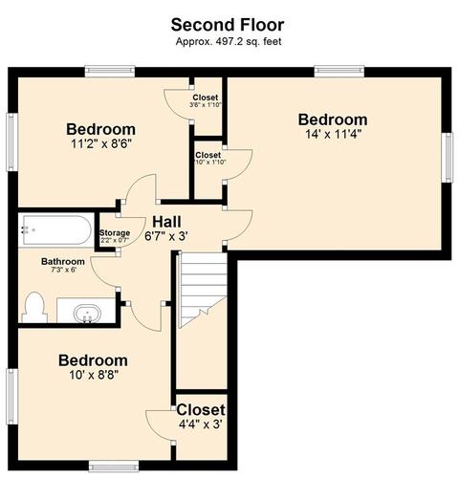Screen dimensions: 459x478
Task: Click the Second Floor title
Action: click(x=228, y=25)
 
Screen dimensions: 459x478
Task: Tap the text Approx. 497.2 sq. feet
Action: click(x=229, y=41)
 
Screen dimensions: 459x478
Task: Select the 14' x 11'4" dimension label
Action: click(x=334, y=134)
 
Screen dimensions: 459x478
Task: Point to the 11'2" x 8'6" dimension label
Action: click(x=101, y=144)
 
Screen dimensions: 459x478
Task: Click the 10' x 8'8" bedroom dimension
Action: click(x=94, y=375)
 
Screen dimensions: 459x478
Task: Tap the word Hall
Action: click(x=166, y=222)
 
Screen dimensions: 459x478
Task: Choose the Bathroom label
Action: click(x=63, y=262)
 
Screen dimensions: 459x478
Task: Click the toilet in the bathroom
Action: click(x=34, y=307)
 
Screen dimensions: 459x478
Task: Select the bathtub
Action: click(x=56, y=230)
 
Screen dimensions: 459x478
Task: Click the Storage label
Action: click(x=115, y=233)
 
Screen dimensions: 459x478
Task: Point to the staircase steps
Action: click(x=203, y=290)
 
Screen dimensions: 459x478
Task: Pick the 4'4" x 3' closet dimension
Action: click(x=201, y=424)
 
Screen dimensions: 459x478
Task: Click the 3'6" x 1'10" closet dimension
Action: click(x=206, y=104)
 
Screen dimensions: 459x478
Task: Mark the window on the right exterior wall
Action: click(x=448, y=158)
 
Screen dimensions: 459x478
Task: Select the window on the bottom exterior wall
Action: click(x=114, y=467)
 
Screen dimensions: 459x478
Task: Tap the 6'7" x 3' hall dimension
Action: click(x=166, y=237)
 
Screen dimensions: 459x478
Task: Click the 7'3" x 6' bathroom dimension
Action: click(x=64, y=270)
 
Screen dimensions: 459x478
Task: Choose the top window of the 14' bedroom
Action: click(x=339, y=71)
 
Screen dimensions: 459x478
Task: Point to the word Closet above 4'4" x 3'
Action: click(x=201, y=410)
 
